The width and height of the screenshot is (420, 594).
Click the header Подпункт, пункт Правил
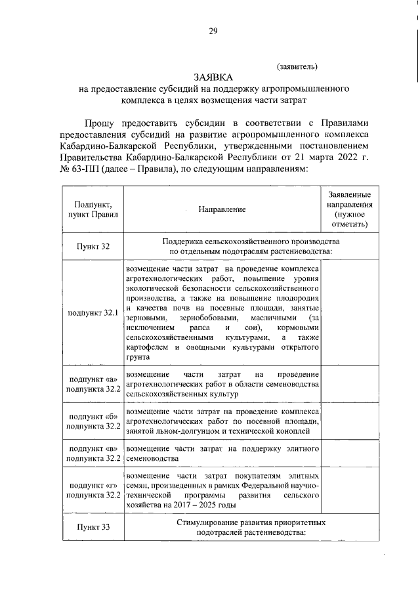pos(93,209)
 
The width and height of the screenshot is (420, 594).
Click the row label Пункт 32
pos(93,246)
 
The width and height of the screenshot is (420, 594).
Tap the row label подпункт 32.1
pos(93,312)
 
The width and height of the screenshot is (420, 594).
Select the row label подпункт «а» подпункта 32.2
pos(93,384)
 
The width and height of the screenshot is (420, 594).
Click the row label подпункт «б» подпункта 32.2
pos(93,421)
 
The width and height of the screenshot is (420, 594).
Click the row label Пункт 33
pos(93,526)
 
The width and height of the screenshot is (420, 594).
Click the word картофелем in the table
pos(149,347)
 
